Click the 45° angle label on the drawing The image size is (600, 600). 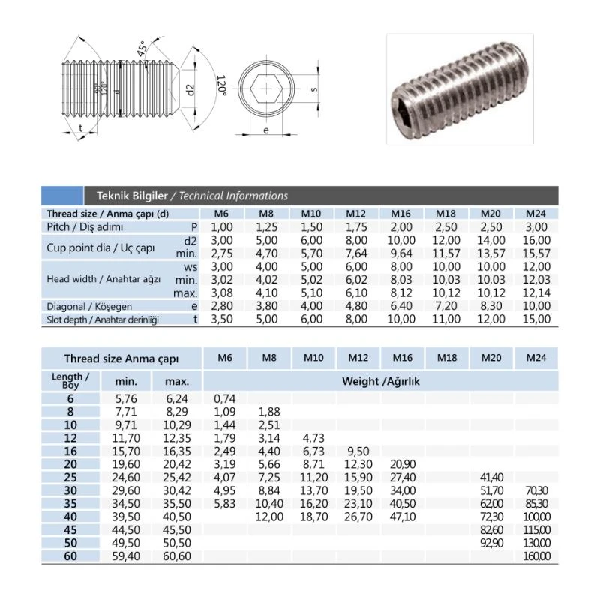click(142, 49)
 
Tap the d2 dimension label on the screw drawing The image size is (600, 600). click(190, 90)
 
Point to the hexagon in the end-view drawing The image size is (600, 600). click(266, 88)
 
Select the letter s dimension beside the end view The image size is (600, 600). click(314, 89)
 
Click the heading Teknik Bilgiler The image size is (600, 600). click(132, 196)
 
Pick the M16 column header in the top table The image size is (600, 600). click(400, 214)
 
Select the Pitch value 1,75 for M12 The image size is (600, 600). click(356, 227)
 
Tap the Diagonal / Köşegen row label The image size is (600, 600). click(89, 307)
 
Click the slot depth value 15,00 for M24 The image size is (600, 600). click(536, 319)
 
